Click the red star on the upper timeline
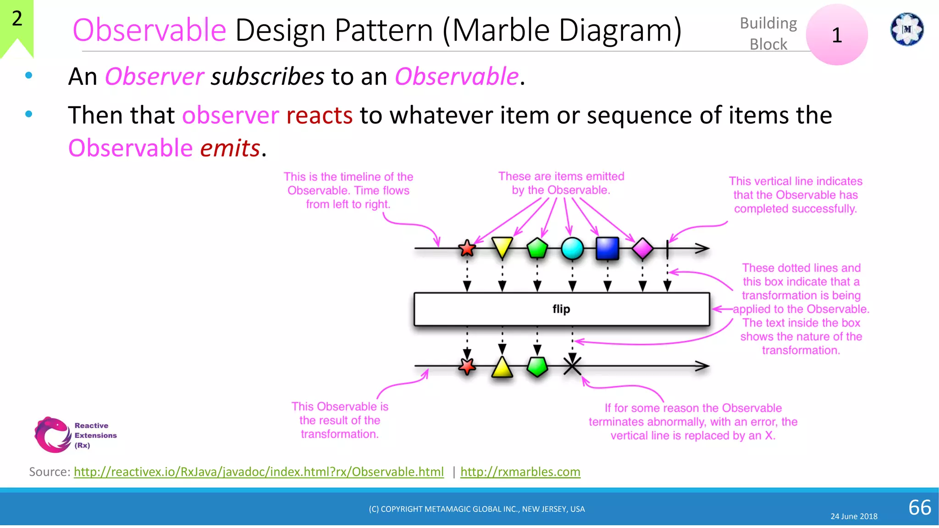coord(467,248)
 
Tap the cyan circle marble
coord(572,248)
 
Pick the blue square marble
coord(608,248)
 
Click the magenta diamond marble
coord(642,248)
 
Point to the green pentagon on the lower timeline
coord(537,367)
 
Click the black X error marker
coord(572,366)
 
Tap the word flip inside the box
coord(561,309)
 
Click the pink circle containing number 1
coord(837,35)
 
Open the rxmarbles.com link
coord(520,472)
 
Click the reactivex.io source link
coord(259,472)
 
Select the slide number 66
coord(920,507)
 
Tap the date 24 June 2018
coord(854,516)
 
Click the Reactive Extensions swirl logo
coord(52,434)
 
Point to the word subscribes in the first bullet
coord(267,77)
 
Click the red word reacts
coord(319,115)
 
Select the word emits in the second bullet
coord(230,148)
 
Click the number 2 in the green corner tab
coord(17,18)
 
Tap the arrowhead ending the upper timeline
coord(703,248)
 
